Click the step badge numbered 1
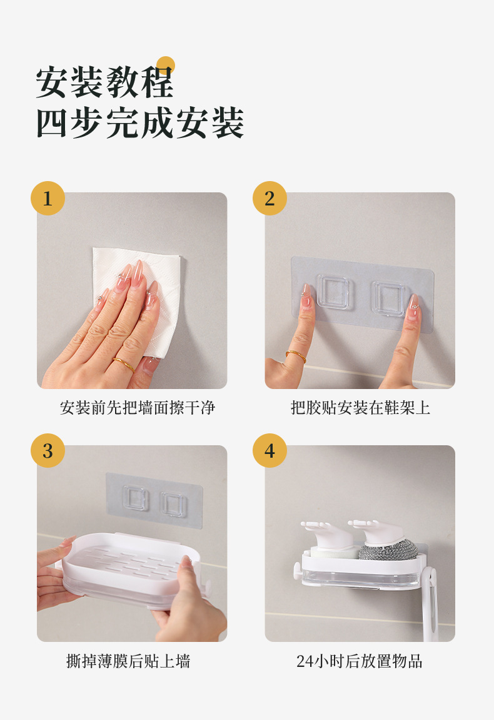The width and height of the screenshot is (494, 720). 48,199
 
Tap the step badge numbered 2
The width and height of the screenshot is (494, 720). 270,199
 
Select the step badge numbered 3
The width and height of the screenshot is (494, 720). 48,450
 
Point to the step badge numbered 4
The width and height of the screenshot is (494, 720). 270,450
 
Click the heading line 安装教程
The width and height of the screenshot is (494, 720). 105,82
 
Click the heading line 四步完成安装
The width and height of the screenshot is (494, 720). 140,122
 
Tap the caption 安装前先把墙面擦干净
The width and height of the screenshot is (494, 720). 138,407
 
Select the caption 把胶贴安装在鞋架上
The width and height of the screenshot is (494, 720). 360,407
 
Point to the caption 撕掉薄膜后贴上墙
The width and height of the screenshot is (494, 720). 128,661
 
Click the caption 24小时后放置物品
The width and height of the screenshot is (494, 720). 360,661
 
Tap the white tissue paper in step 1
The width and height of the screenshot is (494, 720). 138,294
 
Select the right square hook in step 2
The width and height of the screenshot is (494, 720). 389,298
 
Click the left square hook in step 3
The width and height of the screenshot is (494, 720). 136,498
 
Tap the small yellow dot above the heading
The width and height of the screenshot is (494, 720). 166,66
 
